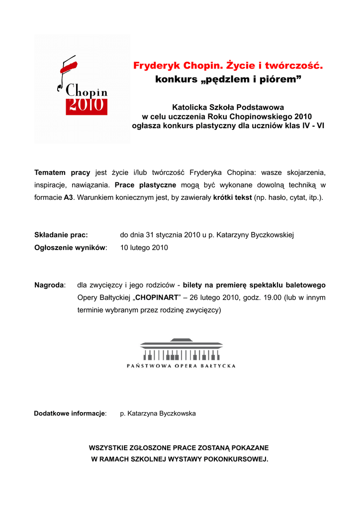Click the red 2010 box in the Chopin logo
coord(87,106)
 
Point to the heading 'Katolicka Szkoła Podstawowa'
coord(228,107)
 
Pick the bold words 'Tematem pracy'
coord(62,172)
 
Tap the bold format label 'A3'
coord(69,197)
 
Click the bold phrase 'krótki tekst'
coord(232,197)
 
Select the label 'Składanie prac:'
coord(61,235)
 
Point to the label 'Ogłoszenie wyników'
coord(70,248)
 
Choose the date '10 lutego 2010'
coord(144,248)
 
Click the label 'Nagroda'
coord(49,285)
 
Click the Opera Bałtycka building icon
coord(181,349)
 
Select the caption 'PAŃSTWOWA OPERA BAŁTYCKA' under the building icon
coord(181,366)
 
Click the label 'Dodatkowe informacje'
coord(70,414)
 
